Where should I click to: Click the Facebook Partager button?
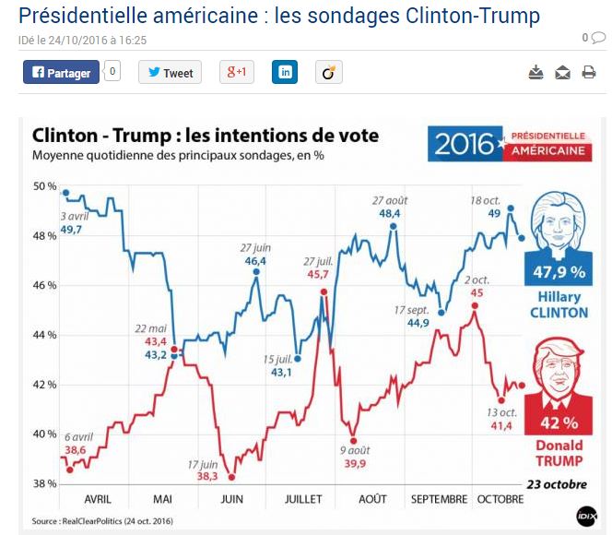[61, 72]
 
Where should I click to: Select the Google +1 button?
[236, 72]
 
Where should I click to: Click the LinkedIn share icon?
[285, 72]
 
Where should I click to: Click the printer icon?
[589, 73]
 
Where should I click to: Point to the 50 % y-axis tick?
[44, 186]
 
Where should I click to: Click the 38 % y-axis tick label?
[44, 482]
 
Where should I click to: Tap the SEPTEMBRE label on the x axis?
[439, 498]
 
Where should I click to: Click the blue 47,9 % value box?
[559, 272]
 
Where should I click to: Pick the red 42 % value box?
[559, 423]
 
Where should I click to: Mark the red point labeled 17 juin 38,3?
[232, 477]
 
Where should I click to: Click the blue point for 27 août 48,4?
[394, 225]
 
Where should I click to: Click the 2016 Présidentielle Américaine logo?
[508, 143]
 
